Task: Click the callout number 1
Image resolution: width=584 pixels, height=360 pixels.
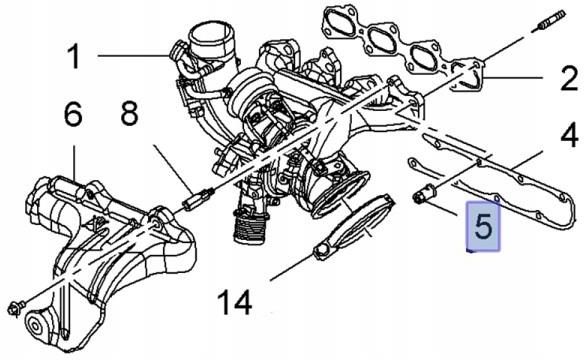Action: [x=72, y=57]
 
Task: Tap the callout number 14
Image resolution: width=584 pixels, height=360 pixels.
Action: [x=249, y=298]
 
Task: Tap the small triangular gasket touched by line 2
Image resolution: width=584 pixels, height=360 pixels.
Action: [x=471, y=77]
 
